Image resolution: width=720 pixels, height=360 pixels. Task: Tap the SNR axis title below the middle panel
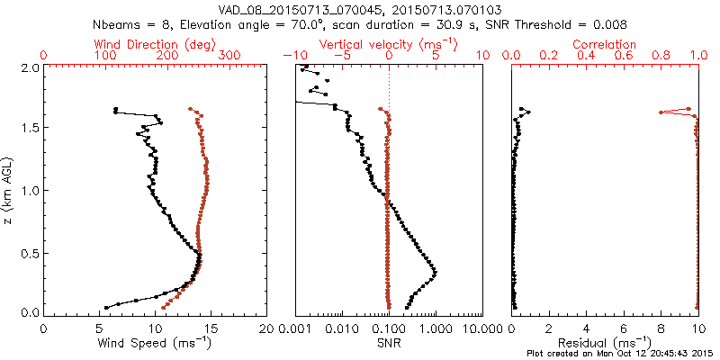click(389, 343)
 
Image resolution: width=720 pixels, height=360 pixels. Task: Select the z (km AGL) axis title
click(8, 189)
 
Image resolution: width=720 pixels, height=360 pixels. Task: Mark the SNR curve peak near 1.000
click(435, 272)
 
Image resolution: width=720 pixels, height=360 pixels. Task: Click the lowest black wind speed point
click(106, 308)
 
